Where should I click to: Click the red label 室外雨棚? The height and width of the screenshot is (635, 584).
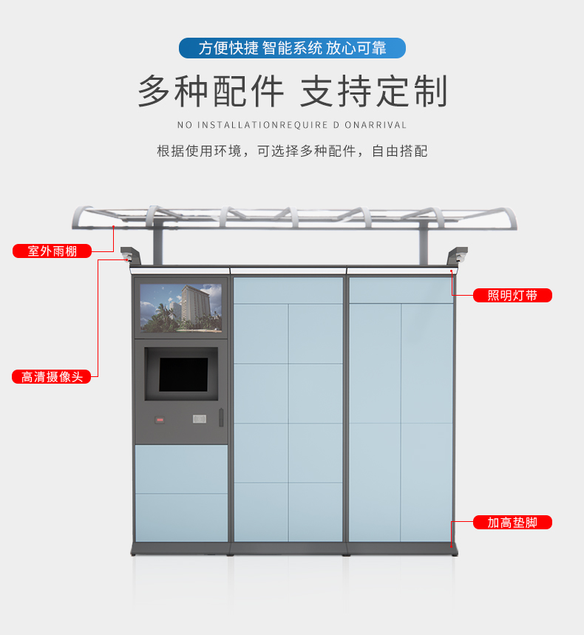tap(52, 251)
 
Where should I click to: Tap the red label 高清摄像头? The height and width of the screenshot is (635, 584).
tap(52, 376)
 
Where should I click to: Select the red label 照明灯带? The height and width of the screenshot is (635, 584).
tap(512, 295)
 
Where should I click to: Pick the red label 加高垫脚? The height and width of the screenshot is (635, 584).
tap(512, 522)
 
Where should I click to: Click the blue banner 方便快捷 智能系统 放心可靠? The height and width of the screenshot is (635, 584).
tap(292, 48)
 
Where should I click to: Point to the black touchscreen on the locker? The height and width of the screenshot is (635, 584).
tap(183, 374)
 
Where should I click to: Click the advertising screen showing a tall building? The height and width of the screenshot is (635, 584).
tap(180, 308)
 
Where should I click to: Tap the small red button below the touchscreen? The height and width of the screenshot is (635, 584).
tap(160, 420)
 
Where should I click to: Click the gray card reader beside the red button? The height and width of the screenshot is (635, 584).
tap(200, 418)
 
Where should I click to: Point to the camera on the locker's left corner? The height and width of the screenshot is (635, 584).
tap(128, 257)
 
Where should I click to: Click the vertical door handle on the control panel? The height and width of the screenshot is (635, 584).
tap(221, 417)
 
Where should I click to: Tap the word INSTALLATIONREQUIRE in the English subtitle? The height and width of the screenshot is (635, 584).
tap(262, 125)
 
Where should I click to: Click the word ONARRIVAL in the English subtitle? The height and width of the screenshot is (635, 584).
tap(376, 125)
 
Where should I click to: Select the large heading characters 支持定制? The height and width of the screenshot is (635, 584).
tap(374, 91)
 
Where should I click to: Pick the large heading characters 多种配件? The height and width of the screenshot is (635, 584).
tap(211, 91)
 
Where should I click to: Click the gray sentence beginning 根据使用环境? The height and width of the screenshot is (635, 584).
tap(292, 151)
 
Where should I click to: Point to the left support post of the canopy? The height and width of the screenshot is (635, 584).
tap(157, 245)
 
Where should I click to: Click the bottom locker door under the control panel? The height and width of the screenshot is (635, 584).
tap(181, 517)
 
